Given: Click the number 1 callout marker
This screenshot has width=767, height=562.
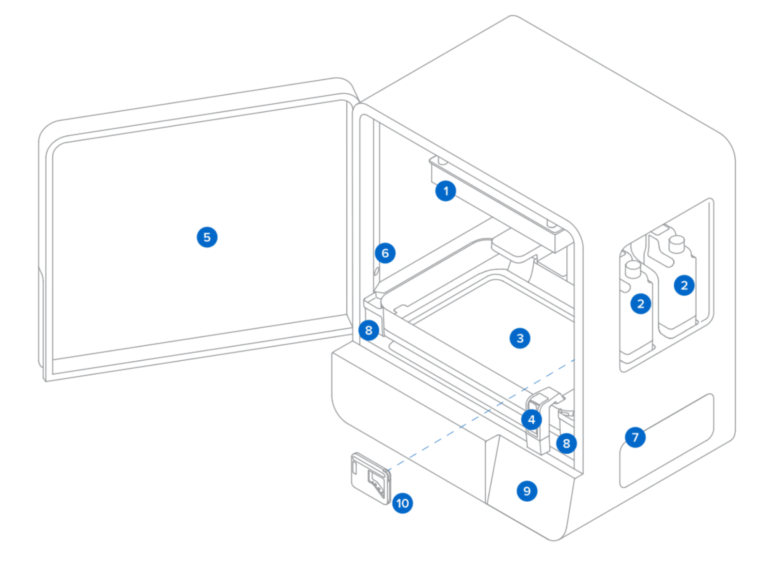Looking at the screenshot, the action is point(445,191).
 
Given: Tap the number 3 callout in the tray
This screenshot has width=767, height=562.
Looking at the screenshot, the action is point(520,338).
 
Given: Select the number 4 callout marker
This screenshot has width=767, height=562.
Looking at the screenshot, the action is point(531,419).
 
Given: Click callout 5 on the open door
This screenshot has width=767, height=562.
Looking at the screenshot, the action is point(207,237).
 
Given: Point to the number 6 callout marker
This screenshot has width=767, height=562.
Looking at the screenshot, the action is point(385,253).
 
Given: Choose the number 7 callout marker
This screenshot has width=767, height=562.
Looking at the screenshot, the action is point(635,437).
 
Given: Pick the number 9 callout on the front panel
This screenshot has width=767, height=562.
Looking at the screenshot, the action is point(527,491).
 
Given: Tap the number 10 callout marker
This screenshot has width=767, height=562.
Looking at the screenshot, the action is point(402,503).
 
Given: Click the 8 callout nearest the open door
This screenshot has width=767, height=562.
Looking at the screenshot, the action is point(369,330).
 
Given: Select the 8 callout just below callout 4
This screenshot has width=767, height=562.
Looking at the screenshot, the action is point(566,443).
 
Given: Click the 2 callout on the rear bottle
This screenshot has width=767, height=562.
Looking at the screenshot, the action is point(684,285).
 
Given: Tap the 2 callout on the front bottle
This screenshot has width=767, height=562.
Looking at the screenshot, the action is point(640,303).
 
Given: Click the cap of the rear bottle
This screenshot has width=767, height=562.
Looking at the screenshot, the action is point(677,244).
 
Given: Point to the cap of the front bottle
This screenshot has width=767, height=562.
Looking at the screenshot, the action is point(633,269).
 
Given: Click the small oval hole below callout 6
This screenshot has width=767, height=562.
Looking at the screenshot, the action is point(376,271).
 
